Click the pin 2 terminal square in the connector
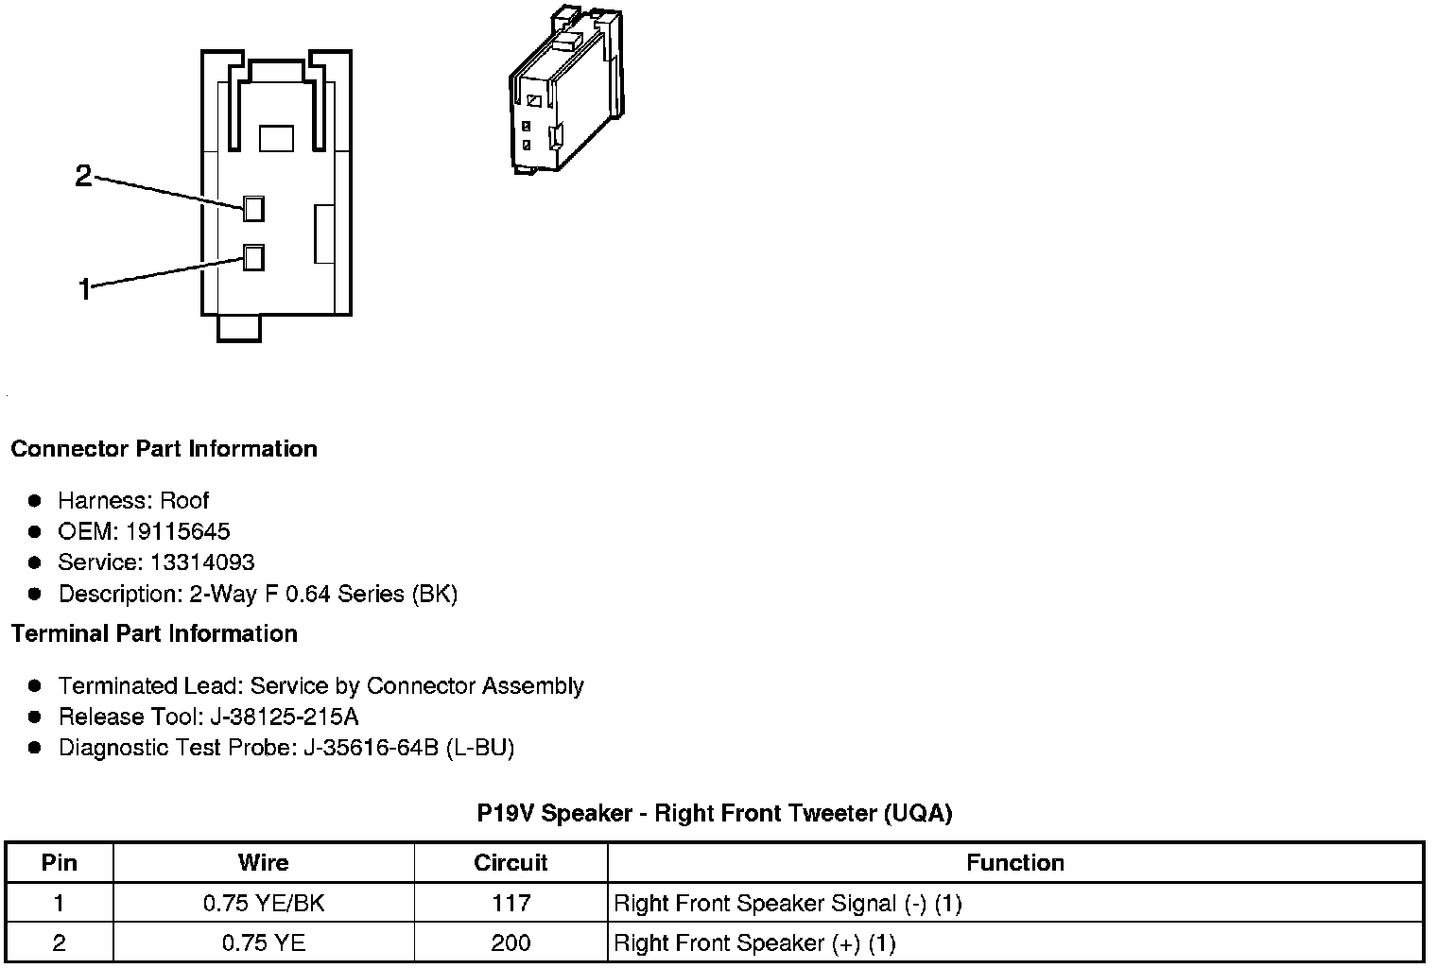(x=253, y=208)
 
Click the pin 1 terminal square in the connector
(x=253, y=257)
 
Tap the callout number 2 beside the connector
(x=84, y=176)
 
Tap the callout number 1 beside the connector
(x=84, y=289)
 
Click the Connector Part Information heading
(x=164, y=448)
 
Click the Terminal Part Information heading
(x=154, y=633)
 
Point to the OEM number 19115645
(x=178, y=531)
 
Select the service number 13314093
(x=202, y=562)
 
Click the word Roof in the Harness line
(x=184, y=500)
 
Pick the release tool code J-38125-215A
(x=281, y=717)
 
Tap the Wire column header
(x=264, y=862)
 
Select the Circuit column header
(x=511, y=862)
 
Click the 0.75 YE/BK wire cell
(x=264, y=903)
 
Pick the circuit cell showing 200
(x=511, y=942)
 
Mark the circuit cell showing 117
(x=511, y=903)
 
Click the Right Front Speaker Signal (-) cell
(x=788, y=903)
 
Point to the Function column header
(x=1015, y=862)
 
